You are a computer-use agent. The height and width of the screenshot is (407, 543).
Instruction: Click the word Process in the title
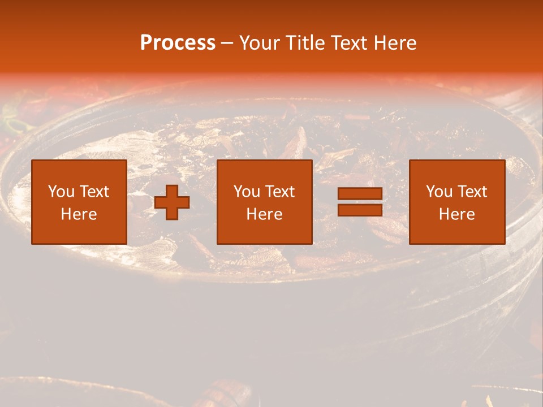tap(178, 43)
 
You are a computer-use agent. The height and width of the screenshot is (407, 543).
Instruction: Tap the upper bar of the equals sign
tap(360, 194)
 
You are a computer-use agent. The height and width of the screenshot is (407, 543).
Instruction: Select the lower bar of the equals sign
tap(360, 210)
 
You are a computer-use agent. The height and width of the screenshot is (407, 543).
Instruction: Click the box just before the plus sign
tap(79, 202)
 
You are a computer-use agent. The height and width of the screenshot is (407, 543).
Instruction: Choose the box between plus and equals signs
tap(265, 202)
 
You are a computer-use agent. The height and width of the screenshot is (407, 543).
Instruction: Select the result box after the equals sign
tap(457, 202)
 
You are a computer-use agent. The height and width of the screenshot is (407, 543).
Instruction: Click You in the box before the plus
tap(61, 192)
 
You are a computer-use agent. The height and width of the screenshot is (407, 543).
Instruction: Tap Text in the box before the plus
tap(93, 192)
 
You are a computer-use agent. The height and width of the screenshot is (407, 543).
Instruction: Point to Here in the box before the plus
tap(79, 214)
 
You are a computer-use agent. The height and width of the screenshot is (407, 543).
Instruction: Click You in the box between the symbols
tap(247, 192)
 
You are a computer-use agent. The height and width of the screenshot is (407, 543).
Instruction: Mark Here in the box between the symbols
tap(265, 214)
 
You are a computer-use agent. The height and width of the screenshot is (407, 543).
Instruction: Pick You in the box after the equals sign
tap(439, 192)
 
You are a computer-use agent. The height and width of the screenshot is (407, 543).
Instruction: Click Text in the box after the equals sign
tap(471, 192)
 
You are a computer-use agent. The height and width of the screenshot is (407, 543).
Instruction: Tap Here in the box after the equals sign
tap(457, 214)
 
